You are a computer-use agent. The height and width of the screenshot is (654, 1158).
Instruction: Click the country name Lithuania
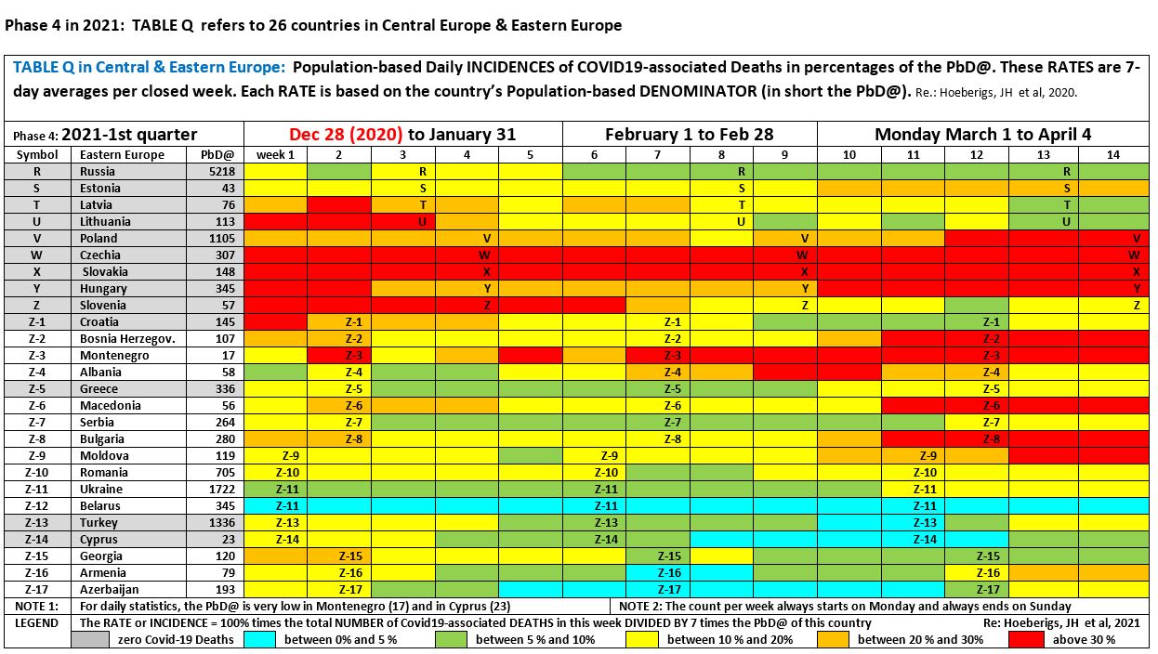click(105, 222)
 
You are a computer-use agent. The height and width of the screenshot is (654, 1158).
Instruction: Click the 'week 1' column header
click(275, 155)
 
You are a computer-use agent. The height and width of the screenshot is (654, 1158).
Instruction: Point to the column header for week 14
click(1112, 155)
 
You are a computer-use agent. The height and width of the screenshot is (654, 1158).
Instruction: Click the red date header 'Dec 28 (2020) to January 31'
click(402, 135)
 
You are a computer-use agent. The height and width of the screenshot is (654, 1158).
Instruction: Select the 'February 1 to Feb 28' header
click(689, 135)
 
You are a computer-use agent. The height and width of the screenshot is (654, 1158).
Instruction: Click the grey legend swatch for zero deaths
click(93, 640)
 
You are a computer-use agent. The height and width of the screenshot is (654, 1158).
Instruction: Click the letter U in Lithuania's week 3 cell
click(422, 222)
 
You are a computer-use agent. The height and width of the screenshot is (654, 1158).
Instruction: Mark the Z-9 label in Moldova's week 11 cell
click(928, 456)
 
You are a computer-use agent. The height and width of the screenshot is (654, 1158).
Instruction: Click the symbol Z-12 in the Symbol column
click(37, 506)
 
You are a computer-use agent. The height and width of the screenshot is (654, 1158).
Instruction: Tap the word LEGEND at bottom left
click(35, 623)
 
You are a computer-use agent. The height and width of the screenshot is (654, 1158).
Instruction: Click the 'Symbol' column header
click(37, 155)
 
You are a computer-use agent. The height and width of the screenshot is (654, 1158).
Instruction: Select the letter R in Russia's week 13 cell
click(1067, 172)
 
